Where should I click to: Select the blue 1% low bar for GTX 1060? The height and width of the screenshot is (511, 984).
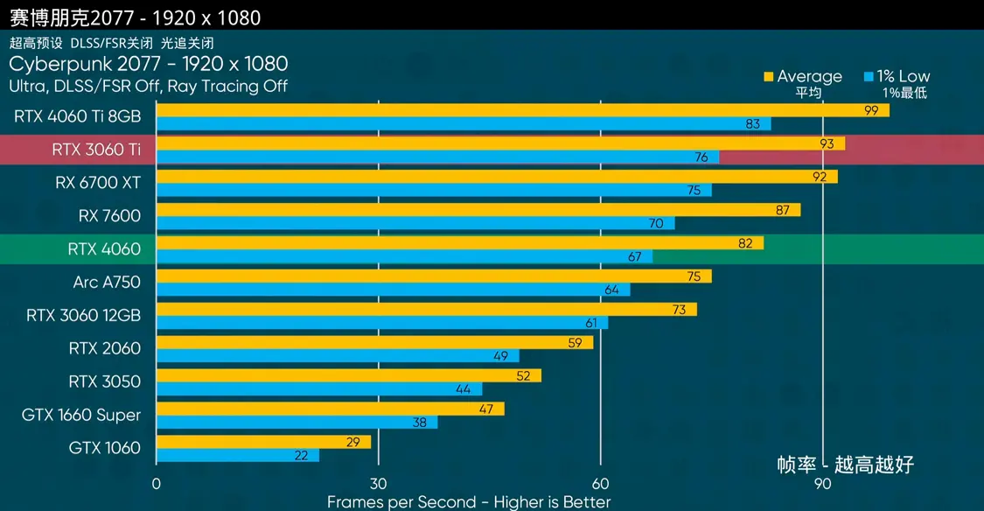tap(237, 455)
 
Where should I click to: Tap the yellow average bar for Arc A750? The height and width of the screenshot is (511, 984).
tap(433, 276)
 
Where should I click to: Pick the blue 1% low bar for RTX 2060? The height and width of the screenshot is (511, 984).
tap(337, 356)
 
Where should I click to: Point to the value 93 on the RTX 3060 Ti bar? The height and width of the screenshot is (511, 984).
tap(827, 143)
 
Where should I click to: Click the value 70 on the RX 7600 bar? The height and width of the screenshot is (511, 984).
tap(656, 223)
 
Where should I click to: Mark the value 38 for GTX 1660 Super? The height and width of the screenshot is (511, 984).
tap(420, 422)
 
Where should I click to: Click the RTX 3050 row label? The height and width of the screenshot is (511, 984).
tap(105, 381)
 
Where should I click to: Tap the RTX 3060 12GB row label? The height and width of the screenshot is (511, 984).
tap(84, 315)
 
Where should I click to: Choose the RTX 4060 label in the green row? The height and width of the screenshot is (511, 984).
tap(104, 248)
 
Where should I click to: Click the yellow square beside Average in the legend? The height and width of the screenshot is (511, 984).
tap(769, 77)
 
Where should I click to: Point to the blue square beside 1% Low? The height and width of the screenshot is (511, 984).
tap(869, 77)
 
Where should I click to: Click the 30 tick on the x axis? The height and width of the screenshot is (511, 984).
tap(378, 484)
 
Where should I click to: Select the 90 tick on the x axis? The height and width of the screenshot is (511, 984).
tap(822, 484)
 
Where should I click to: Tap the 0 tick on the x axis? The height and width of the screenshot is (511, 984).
tap(156, 484)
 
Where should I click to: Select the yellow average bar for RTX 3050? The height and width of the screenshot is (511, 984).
tap(348, 375)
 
